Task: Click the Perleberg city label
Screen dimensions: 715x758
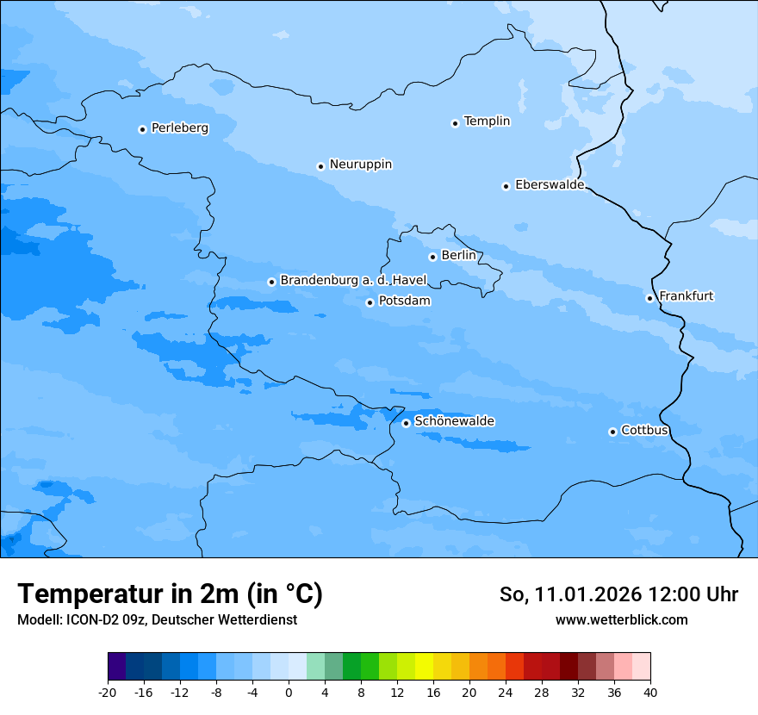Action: click(179, 128)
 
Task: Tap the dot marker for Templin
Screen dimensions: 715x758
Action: click(455, 123)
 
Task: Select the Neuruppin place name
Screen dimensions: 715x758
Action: click(360, 165)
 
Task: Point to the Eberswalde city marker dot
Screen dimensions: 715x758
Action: click(506, 186)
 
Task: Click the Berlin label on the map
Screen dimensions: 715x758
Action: click(458, 256)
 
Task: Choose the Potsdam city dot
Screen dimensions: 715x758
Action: click(370, 302)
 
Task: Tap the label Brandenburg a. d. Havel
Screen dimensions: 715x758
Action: click(353, 281)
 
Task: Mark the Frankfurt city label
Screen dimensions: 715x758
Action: click(686, 296)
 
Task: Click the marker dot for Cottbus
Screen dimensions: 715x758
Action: click(612, 432)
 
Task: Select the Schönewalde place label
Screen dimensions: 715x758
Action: click(454, 421)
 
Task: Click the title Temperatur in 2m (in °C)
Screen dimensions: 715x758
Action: click(170, 594)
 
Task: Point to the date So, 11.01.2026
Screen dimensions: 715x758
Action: click(569, 594)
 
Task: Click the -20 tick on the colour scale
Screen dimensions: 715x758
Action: click(108, 692)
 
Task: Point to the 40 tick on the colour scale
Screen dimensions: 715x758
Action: click(650, 692)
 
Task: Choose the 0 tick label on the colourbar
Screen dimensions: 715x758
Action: click(289, 692)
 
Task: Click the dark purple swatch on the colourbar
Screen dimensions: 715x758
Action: click(117, 667)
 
